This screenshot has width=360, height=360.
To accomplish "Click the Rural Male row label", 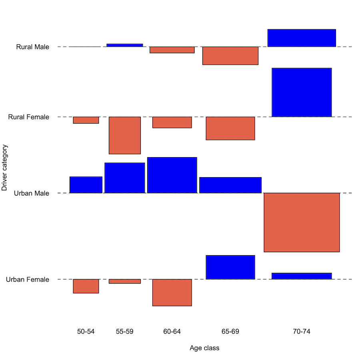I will click(x=33, y=47).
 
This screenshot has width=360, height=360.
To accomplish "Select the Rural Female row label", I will click(x=29, y=117).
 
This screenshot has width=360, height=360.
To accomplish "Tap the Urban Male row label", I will click(x=32, y=193).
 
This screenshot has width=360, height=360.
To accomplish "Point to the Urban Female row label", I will click(x=28, y=279).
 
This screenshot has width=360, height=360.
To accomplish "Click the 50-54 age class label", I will click(x=86, y=332).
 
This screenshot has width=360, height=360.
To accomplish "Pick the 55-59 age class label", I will click(x=125, y=332).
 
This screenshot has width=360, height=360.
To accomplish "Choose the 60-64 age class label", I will click(x=172, y=332).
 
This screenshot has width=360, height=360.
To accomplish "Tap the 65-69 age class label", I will click(x=230, y=332).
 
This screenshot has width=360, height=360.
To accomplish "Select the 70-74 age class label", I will click(x=302, y=332).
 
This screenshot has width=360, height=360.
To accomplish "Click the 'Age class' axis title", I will click(x=204, y=348).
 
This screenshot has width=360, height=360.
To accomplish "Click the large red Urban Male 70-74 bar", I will click(x=302, y=222).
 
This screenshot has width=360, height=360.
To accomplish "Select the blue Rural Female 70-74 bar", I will click(x=302, y=92).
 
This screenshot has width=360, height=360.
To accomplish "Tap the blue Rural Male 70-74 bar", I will click(x=302, y=38).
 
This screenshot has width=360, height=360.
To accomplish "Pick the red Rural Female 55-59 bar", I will click(x=125, y=135).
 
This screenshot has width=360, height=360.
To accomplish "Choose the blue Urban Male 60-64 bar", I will click(x=172, y=175).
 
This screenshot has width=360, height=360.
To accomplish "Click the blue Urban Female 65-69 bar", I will click(x=230, y=267).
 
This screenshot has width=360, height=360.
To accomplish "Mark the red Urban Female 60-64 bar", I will click(x=172, y=292).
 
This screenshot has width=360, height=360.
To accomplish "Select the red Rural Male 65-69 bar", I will click(x=230, y=56).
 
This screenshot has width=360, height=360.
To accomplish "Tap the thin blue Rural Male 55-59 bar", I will click(x=125, y=45).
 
